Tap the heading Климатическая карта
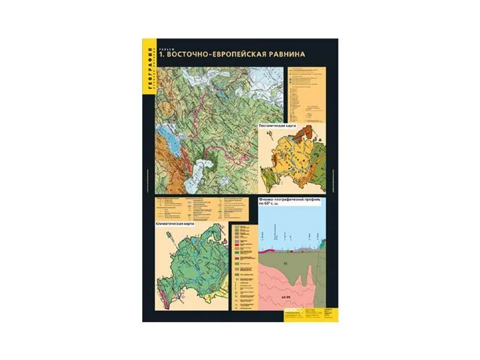(175, 223)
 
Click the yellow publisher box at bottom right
(311, 314)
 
